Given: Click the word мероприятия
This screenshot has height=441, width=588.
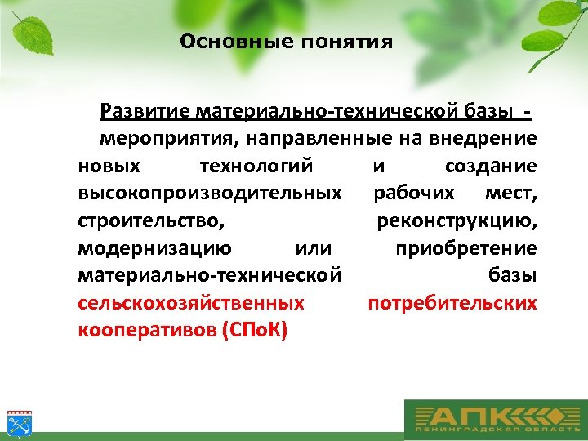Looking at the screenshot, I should [x=159, y=138].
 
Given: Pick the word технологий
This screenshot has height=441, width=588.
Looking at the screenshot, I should [x=256, y=166].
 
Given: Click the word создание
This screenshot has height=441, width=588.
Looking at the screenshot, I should [x=491, y=166].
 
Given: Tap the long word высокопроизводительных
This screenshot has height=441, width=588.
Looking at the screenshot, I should [x=210, y=194].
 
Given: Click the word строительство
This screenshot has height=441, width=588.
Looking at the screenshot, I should [x=151, y=220].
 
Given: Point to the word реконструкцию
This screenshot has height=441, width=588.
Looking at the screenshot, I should [x=457, y=220].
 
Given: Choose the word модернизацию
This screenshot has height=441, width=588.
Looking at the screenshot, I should [x=154, y=248].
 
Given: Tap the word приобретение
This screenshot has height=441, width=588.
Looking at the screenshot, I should [x=466, y=248].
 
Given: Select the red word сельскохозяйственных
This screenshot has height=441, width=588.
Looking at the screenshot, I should [x=191, y=303].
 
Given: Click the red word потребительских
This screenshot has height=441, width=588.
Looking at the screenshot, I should [x=452, y=303].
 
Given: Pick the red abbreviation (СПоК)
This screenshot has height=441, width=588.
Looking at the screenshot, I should [x=254, y=332].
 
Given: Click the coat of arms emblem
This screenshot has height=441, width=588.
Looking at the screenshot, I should [x=17, y=423].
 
